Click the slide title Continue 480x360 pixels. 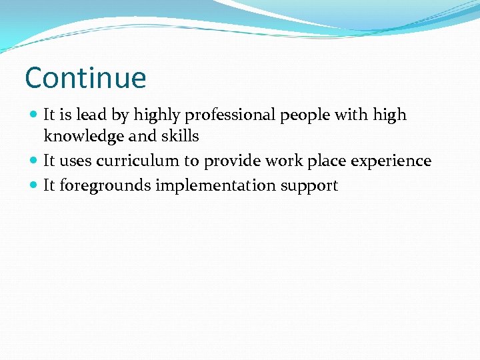click(x=85, y=78)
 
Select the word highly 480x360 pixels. click(x=157, y=116)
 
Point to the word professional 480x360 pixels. click(x=230, y=116)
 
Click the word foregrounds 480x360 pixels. click(x=105, y=186)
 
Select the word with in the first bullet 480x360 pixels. click(x=351, y=115)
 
